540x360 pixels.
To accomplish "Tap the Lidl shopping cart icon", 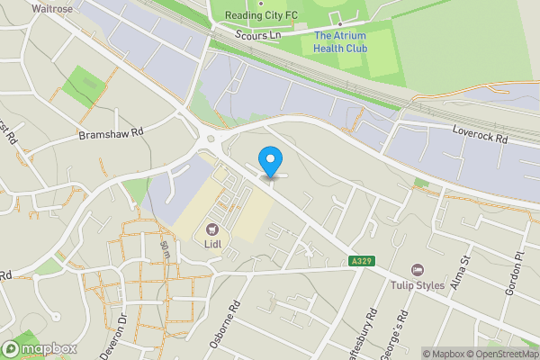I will pyautogui.click(x=212, y=229).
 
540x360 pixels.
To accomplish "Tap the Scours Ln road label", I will pyautogui.click(x=258, y=36).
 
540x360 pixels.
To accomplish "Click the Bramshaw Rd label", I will pyautogui.click(x=111, y=132).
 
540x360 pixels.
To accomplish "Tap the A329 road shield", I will pyautogui.click(x=362, y=261).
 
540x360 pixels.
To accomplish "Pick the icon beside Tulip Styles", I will pyautogui.click(x=417, y=270).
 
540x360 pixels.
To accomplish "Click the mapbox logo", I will pyautogui.click(x=40, y=348).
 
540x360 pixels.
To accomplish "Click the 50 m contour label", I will pyautogui.click(x=166, y=251).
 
